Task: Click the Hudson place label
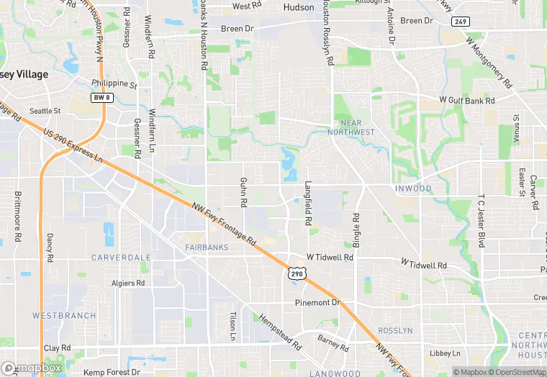(299, 7)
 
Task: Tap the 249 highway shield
(461, 22)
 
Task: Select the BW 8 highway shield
(101, 96)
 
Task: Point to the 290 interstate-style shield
(297, 273)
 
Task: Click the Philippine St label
(114, 83)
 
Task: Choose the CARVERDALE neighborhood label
(121, 257)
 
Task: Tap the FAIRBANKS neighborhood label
(207, 247)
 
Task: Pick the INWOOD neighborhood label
(413, 189)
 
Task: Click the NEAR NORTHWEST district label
(351, 127)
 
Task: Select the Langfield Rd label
(308, 204)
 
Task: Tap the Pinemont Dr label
(317, 303)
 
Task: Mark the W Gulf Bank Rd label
(468, 99)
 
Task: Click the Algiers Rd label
(128, 283)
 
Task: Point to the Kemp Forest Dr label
(112, 372)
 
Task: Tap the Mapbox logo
(31, 368)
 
